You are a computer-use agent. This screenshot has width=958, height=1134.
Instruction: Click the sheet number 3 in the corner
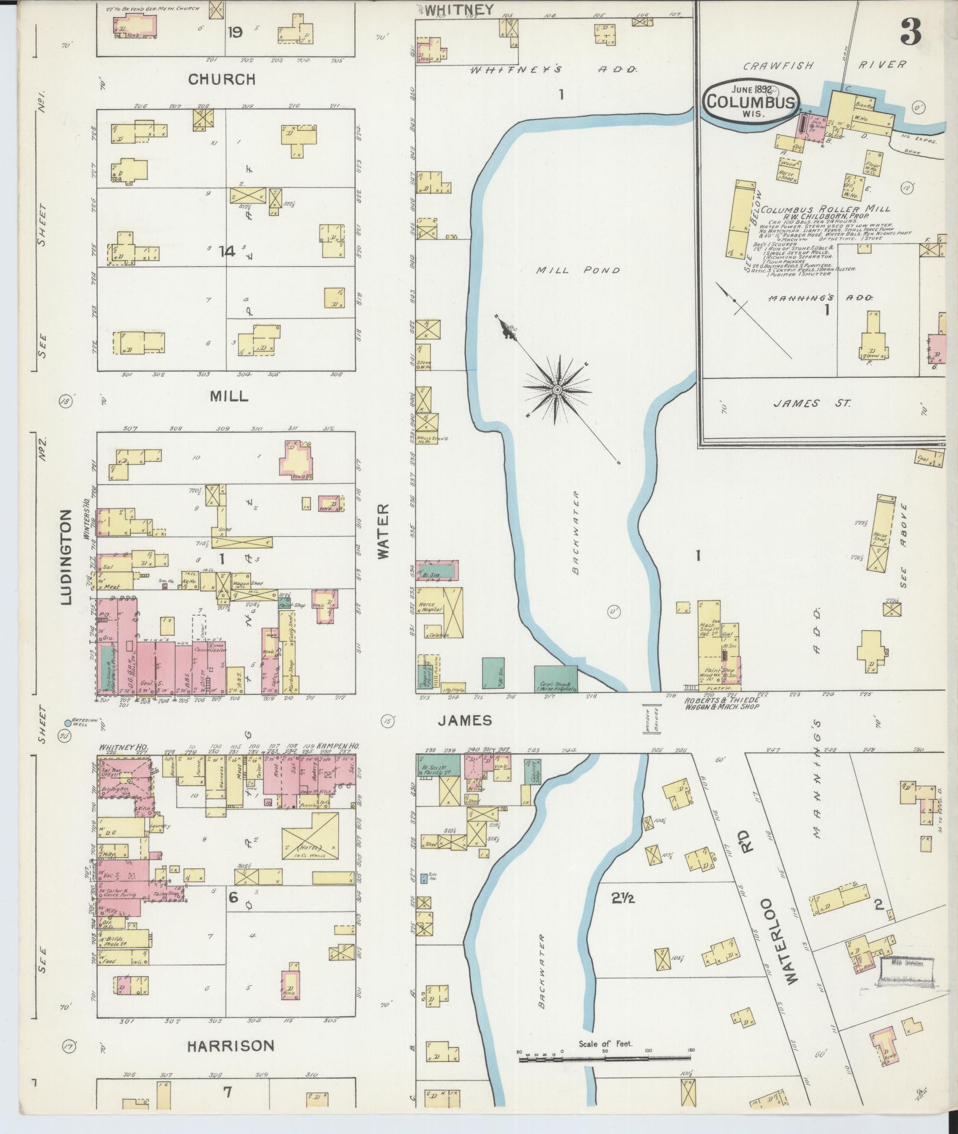[910, 29]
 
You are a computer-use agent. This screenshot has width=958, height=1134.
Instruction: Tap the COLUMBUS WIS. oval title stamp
[744, 101]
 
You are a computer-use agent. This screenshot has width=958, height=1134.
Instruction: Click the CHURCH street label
[222, 79]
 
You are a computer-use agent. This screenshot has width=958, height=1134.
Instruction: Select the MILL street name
[228, 396]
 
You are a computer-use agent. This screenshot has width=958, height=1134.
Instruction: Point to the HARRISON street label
[231, 1046]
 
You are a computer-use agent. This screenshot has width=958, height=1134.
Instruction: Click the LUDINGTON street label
[66, 557]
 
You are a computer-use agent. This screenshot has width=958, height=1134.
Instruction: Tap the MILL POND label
[578, 270]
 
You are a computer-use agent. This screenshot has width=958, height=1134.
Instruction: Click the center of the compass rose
[557, 390]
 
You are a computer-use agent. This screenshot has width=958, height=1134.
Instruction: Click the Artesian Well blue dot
[68, 723]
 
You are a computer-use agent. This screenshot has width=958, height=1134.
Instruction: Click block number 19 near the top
[235, 32]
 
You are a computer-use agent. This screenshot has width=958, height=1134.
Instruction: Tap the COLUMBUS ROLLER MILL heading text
[825, 209]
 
